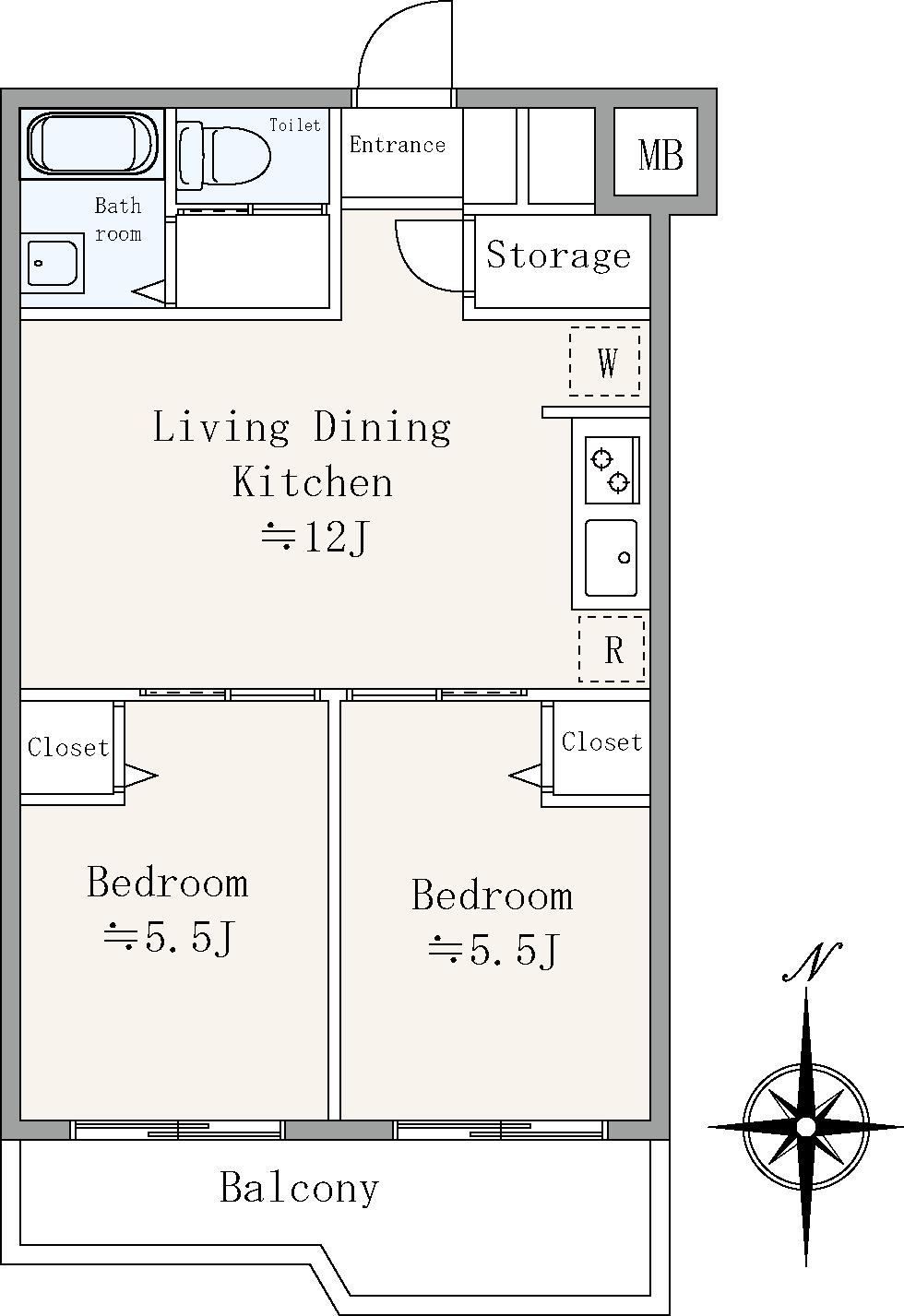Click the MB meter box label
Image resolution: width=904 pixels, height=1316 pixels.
[x=660, y=155]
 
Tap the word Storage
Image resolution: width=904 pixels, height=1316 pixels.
[x=558, y=255]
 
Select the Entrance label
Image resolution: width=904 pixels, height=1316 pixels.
[x=398, y=145]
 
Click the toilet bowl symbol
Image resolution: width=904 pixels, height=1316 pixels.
[x=224, y=155]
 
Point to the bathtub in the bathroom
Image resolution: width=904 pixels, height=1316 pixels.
[x=92, y=143]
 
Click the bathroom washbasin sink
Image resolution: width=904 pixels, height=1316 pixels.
[x=53, y=263]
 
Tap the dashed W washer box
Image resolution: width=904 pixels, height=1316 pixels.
[x=604, y=362]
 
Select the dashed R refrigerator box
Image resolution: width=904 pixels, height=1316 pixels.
[x=612, y=648]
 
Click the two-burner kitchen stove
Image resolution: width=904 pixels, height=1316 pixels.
[x=612, y=470]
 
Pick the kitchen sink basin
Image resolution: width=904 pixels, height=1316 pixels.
[x=612, y=558]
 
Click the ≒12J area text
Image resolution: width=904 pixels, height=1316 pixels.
[x=315, y=537]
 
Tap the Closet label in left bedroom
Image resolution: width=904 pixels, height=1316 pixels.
[x=68, y=747]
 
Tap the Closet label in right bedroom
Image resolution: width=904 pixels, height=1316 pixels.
[x=601, y=741]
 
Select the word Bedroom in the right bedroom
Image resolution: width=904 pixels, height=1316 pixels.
[x=492, y=895]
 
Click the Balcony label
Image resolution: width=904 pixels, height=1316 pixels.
[x=299, y=1187]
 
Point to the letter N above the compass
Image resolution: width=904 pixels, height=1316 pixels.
[x=813, y=962]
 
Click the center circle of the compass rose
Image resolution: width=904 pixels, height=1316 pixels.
[x=806, y=1126]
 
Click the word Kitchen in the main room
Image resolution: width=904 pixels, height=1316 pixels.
[x=313, y=481]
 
